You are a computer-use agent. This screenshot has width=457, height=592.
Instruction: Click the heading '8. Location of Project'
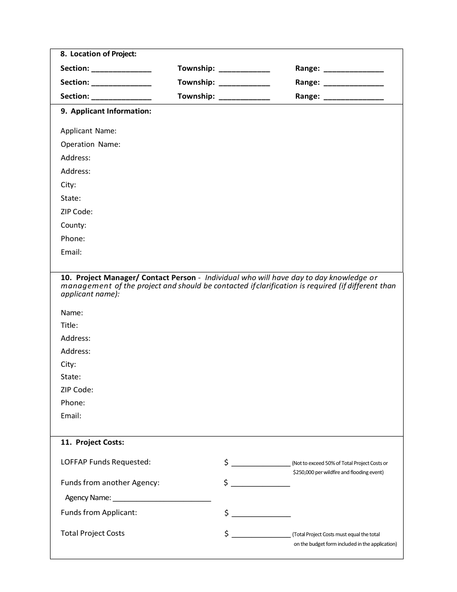pyautogui.click(x=99, y=54)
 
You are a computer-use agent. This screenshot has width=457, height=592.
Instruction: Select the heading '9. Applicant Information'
pyautogui.click(x=106, y=111)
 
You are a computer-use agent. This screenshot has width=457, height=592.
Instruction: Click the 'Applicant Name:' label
pyautogui.click(x=89, y=131)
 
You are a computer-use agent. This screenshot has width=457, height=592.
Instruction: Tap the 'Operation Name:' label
pyautogui.click(x=90, y=144)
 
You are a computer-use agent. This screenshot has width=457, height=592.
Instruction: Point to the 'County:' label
pyautogui.click(x=73, y=225)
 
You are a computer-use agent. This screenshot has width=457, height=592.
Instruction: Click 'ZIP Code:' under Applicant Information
pyautogui.click(x=76, y=212)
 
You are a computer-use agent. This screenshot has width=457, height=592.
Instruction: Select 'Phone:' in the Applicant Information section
pyautogui.click(x=73, y=239)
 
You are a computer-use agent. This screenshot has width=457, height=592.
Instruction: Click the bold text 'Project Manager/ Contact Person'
pyautogui.click(x=136, y=278)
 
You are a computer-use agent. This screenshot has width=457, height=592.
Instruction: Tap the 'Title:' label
pyautogui.click(x=69, y=325)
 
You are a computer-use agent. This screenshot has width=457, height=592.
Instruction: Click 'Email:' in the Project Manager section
pyautogui.click(x=71, y=416)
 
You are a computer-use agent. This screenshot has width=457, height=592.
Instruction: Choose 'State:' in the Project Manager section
pyautogui.click(x=71, y=377)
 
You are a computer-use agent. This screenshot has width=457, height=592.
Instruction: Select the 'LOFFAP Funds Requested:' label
pyautogui.click(x=105, y=462)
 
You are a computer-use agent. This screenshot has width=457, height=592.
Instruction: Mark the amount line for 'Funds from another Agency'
pyautogui.click(x=261, y=485)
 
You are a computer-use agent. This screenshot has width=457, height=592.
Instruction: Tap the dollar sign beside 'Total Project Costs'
pyautogui.click(x=226, y=534)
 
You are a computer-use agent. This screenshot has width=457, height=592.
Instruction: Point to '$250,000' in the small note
pyautogui.click(x=304, y=473)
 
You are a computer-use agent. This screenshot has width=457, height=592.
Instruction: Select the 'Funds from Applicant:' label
pyautogui.click(x=99, y=513)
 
